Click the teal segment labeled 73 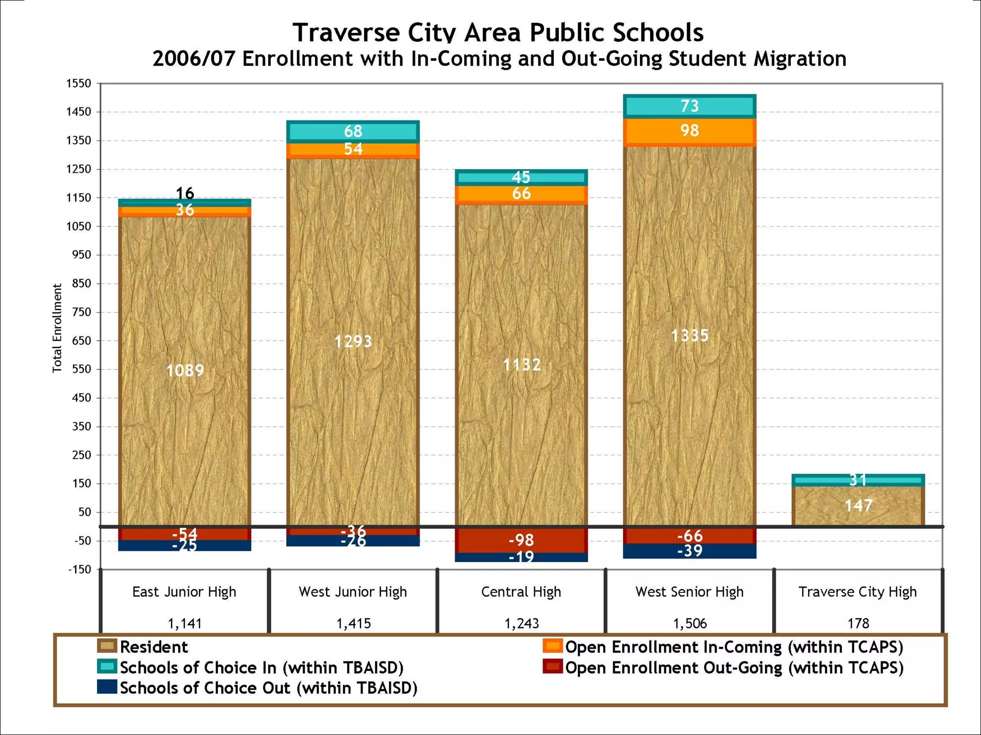pos(689,106)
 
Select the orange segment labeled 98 pos(689,131)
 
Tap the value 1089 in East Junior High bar pos(185,370)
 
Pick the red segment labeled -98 pos(521,540)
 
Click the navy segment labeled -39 pos(689,551)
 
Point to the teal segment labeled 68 pos(353,132)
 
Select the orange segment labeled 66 pos(521,194)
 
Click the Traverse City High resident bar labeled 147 pos(858,506)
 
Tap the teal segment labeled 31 pos(858,480)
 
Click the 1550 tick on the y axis pos(79,84)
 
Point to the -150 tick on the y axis pos(80,569)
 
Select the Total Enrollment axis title pos(57,328)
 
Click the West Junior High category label pos(353,592)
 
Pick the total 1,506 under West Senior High pos(689,624)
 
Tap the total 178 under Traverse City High pos(858,624)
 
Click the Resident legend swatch pos(107,646)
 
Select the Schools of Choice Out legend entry pos(268,688)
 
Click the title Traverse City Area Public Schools pos(498,33)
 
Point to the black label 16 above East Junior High pos(185,193)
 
